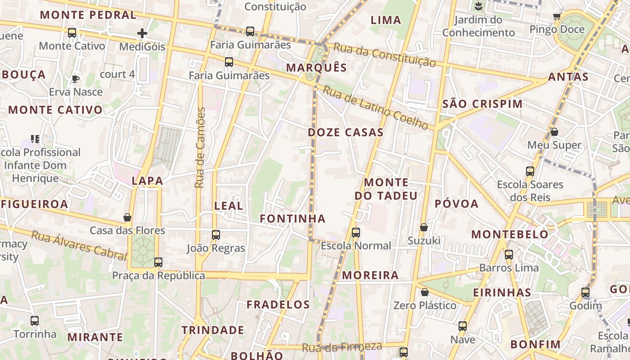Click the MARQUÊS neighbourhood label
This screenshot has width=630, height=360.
317,68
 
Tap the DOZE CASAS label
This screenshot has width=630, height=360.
346,132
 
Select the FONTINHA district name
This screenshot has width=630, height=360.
292,219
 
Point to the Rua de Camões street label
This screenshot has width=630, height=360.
200,148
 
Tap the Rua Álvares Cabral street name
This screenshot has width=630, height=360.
79,246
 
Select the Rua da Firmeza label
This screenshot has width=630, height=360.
342,347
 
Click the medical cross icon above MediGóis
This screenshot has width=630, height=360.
142,33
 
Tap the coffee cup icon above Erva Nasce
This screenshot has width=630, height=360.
76,79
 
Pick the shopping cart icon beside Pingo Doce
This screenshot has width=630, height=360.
557,17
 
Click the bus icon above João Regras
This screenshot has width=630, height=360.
216,234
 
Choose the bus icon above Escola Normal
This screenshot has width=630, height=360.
356,232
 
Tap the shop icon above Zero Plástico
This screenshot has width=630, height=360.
424,292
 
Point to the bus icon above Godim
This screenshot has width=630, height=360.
585,292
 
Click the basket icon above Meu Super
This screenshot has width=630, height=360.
554,132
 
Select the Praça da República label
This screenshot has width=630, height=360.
158,276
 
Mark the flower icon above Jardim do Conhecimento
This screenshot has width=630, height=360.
478,6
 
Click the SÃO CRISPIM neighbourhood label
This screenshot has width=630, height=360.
482,104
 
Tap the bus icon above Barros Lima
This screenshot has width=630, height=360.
509,255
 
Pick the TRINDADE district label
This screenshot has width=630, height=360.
213,330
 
